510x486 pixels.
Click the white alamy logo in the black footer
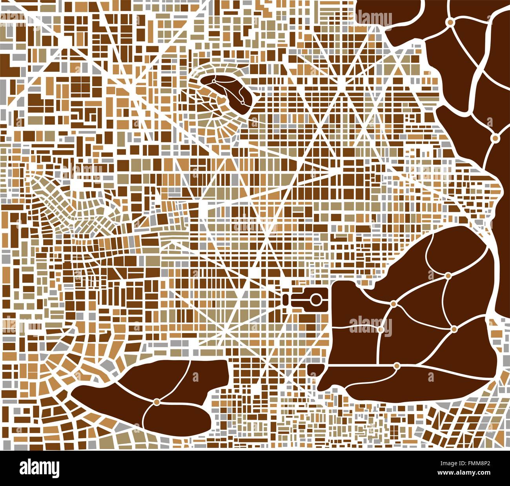click(x=39, y=468)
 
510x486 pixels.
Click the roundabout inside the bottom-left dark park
click(x=157, y=402)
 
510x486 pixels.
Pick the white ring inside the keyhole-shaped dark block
click(x=315, y=300)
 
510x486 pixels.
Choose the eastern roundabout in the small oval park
click(x=242, y=102)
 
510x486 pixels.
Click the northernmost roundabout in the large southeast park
click(x=448, y=276)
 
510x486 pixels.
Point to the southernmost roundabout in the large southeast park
click(x=397, y=366)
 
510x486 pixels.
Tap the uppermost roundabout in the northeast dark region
click(x=450, y=23)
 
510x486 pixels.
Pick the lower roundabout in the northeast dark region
click(x=495, y=138)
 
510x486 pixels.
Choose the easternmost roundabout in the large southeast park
click(x=454, y=329)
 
